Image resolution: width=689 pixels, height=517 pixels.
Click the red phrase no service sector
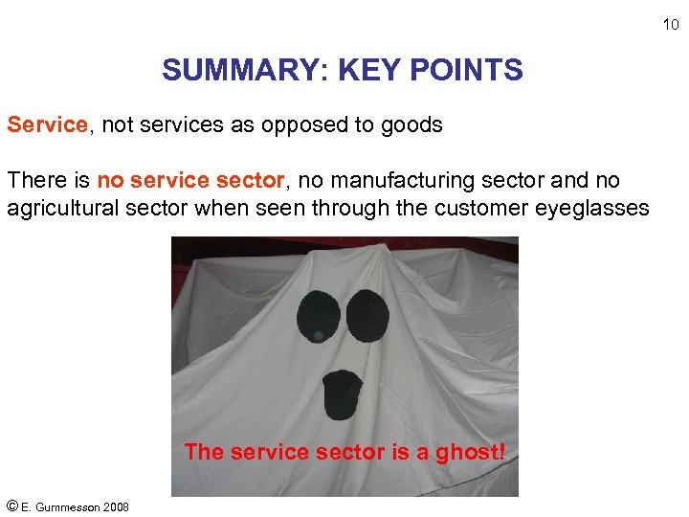click(190, 180)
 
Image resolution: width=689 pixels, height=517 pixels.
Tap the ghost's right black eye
click(367, 313)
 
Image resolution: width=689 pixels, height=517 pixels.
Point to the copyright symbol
click(12, 506)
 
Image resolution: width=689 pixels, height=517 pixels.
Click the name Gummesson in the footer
click(73, 506)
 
